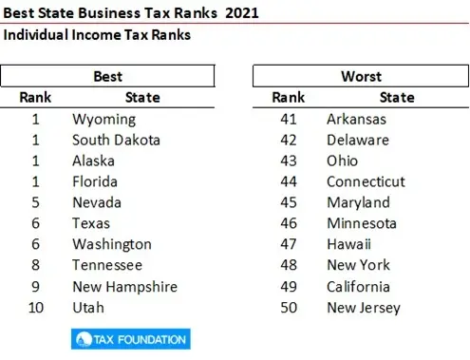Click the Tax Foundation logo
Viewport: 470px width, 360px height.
(x=130, y=338)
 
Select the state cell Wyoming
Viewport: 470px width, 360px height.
(x=104, y=119)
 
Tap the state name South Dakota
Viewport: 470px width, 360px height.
(x=116, y=140)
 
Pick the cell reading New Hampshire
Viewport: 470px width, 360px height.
(x=124, y=286)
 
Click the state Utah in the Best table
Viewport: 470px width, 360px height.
(x=88, y=307)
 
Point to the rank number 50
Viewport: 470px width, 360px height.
(x=290, y=307)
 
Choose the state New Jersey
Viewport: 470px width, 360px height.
(x=364, y=307)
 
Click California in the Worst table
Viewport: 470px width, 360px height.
(x=358, y=286)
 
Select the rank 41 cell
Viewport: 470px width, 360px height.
(x=290, y=119)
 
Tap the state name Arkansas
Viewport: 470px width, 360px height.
(x=357, y=119)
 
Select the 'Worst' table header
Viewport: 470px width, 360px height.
(x=361, y=76)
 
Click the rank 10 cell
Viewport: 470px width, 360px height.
(x=35, y=307)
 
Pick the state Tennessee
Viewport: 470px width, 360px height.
(x=107, y=265)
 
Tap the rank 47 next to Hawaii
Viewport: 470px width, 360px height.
(x=290, y=244)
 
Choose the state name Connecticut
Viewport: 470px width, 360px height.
(x=366, y=181)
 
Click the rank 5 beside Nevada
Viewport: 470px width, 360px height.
(x=35, y=202)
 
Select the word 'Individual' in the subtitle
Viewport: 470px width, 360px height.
(x=40, y=35)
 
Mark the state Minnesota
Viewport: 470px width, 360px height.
(x=362, y=223)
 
